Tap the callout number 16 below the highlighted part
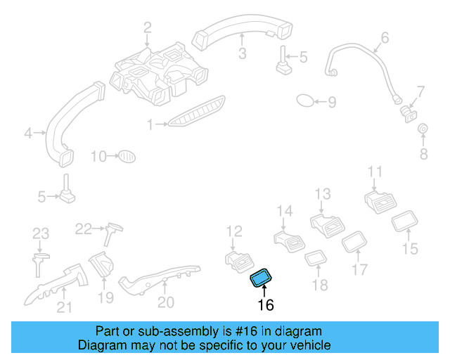(265, 304)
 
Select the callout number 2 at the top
(148, 28)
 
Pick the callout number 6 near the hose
(385, 37)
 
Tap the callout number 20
(165, 303)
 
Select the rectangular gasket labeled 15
(404, 223)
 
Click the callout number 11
(375, 172)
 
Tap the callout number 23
(41, 233)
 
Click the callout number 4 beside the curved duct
(28, 131)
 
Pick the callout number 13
(322, 194)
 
